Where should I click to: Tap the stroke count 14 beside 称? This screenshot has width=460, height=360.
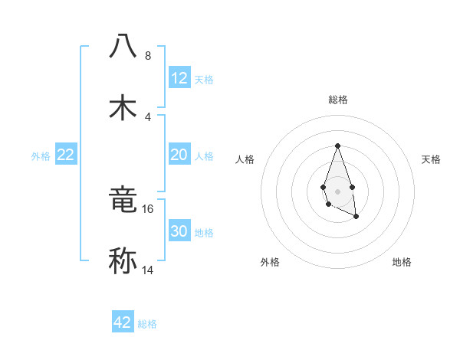coord(148,270)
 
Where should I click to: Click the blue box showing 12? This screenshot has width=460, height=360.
coord(179,78)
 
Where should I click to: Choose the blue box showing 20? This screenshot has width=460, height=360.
coord(179,155)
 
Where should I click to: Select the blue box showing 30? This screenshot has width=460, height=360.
coord(179,231)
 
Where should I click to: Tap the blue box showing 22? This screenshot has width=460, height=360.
coord(66,155)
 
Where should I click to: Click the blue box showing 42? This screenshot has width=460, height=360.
coord(123,322)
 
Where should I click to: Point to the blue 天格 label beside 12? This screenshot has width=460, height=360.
coord(204,80)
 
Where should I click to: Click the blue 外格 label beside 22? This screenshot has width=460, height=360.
coord(41,155)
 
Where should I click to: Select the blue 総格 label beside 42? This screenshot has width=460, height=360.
coord(147,324)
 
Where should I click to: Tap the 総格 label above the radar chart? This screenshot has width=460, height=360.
coord(337,100)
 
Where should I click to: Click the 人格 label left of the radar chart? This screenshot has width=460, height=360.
coord(245,159)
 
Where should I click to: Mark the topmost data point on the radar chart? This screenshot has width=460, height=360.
coord(337,146)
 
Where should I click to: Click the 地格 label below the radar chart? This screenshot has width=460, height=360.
coord(402,262)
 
